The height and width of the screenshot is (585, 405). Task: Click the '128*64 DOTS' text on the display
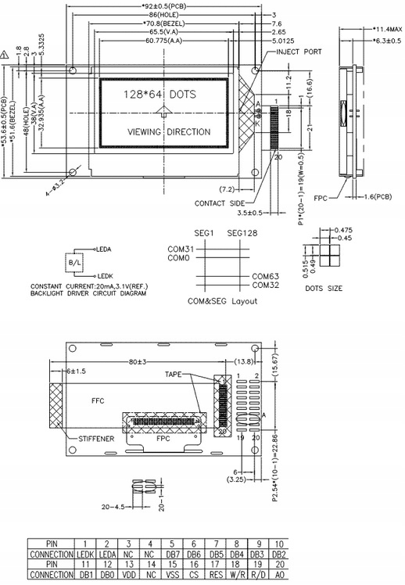tap(159, 95)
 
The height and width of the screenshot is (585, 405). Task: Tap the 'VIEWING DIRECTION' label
tap(168, 132)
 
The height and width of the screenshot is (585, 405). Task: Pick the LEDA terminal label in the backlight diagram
tap(103, 248)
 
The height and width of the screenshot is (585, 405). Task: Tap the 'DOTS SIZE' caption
tap(324, 288)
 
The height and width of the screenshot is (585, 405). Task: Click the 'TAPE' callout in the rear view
tap(173, 375)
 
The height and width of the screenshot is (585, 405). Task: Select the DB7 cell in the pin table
tap(170, 554)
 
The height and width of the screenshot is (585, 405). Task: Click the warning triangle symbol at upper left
tap(6, 55)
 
